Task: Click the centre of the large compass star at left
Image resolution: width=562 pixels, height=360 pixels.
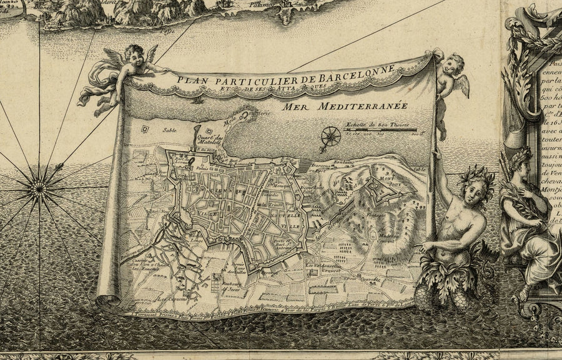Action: click(x=39, y=184)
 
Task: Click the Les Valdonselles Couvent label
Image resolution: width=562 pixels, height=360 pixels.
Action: click(x=323, y=267)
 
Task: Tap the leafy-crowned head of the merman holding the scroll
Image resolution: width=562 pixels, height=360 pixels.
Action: click(x=480, y=178)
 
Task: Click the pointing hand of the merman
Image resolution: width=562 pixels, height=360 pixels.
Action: click(x=424, y=248)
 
